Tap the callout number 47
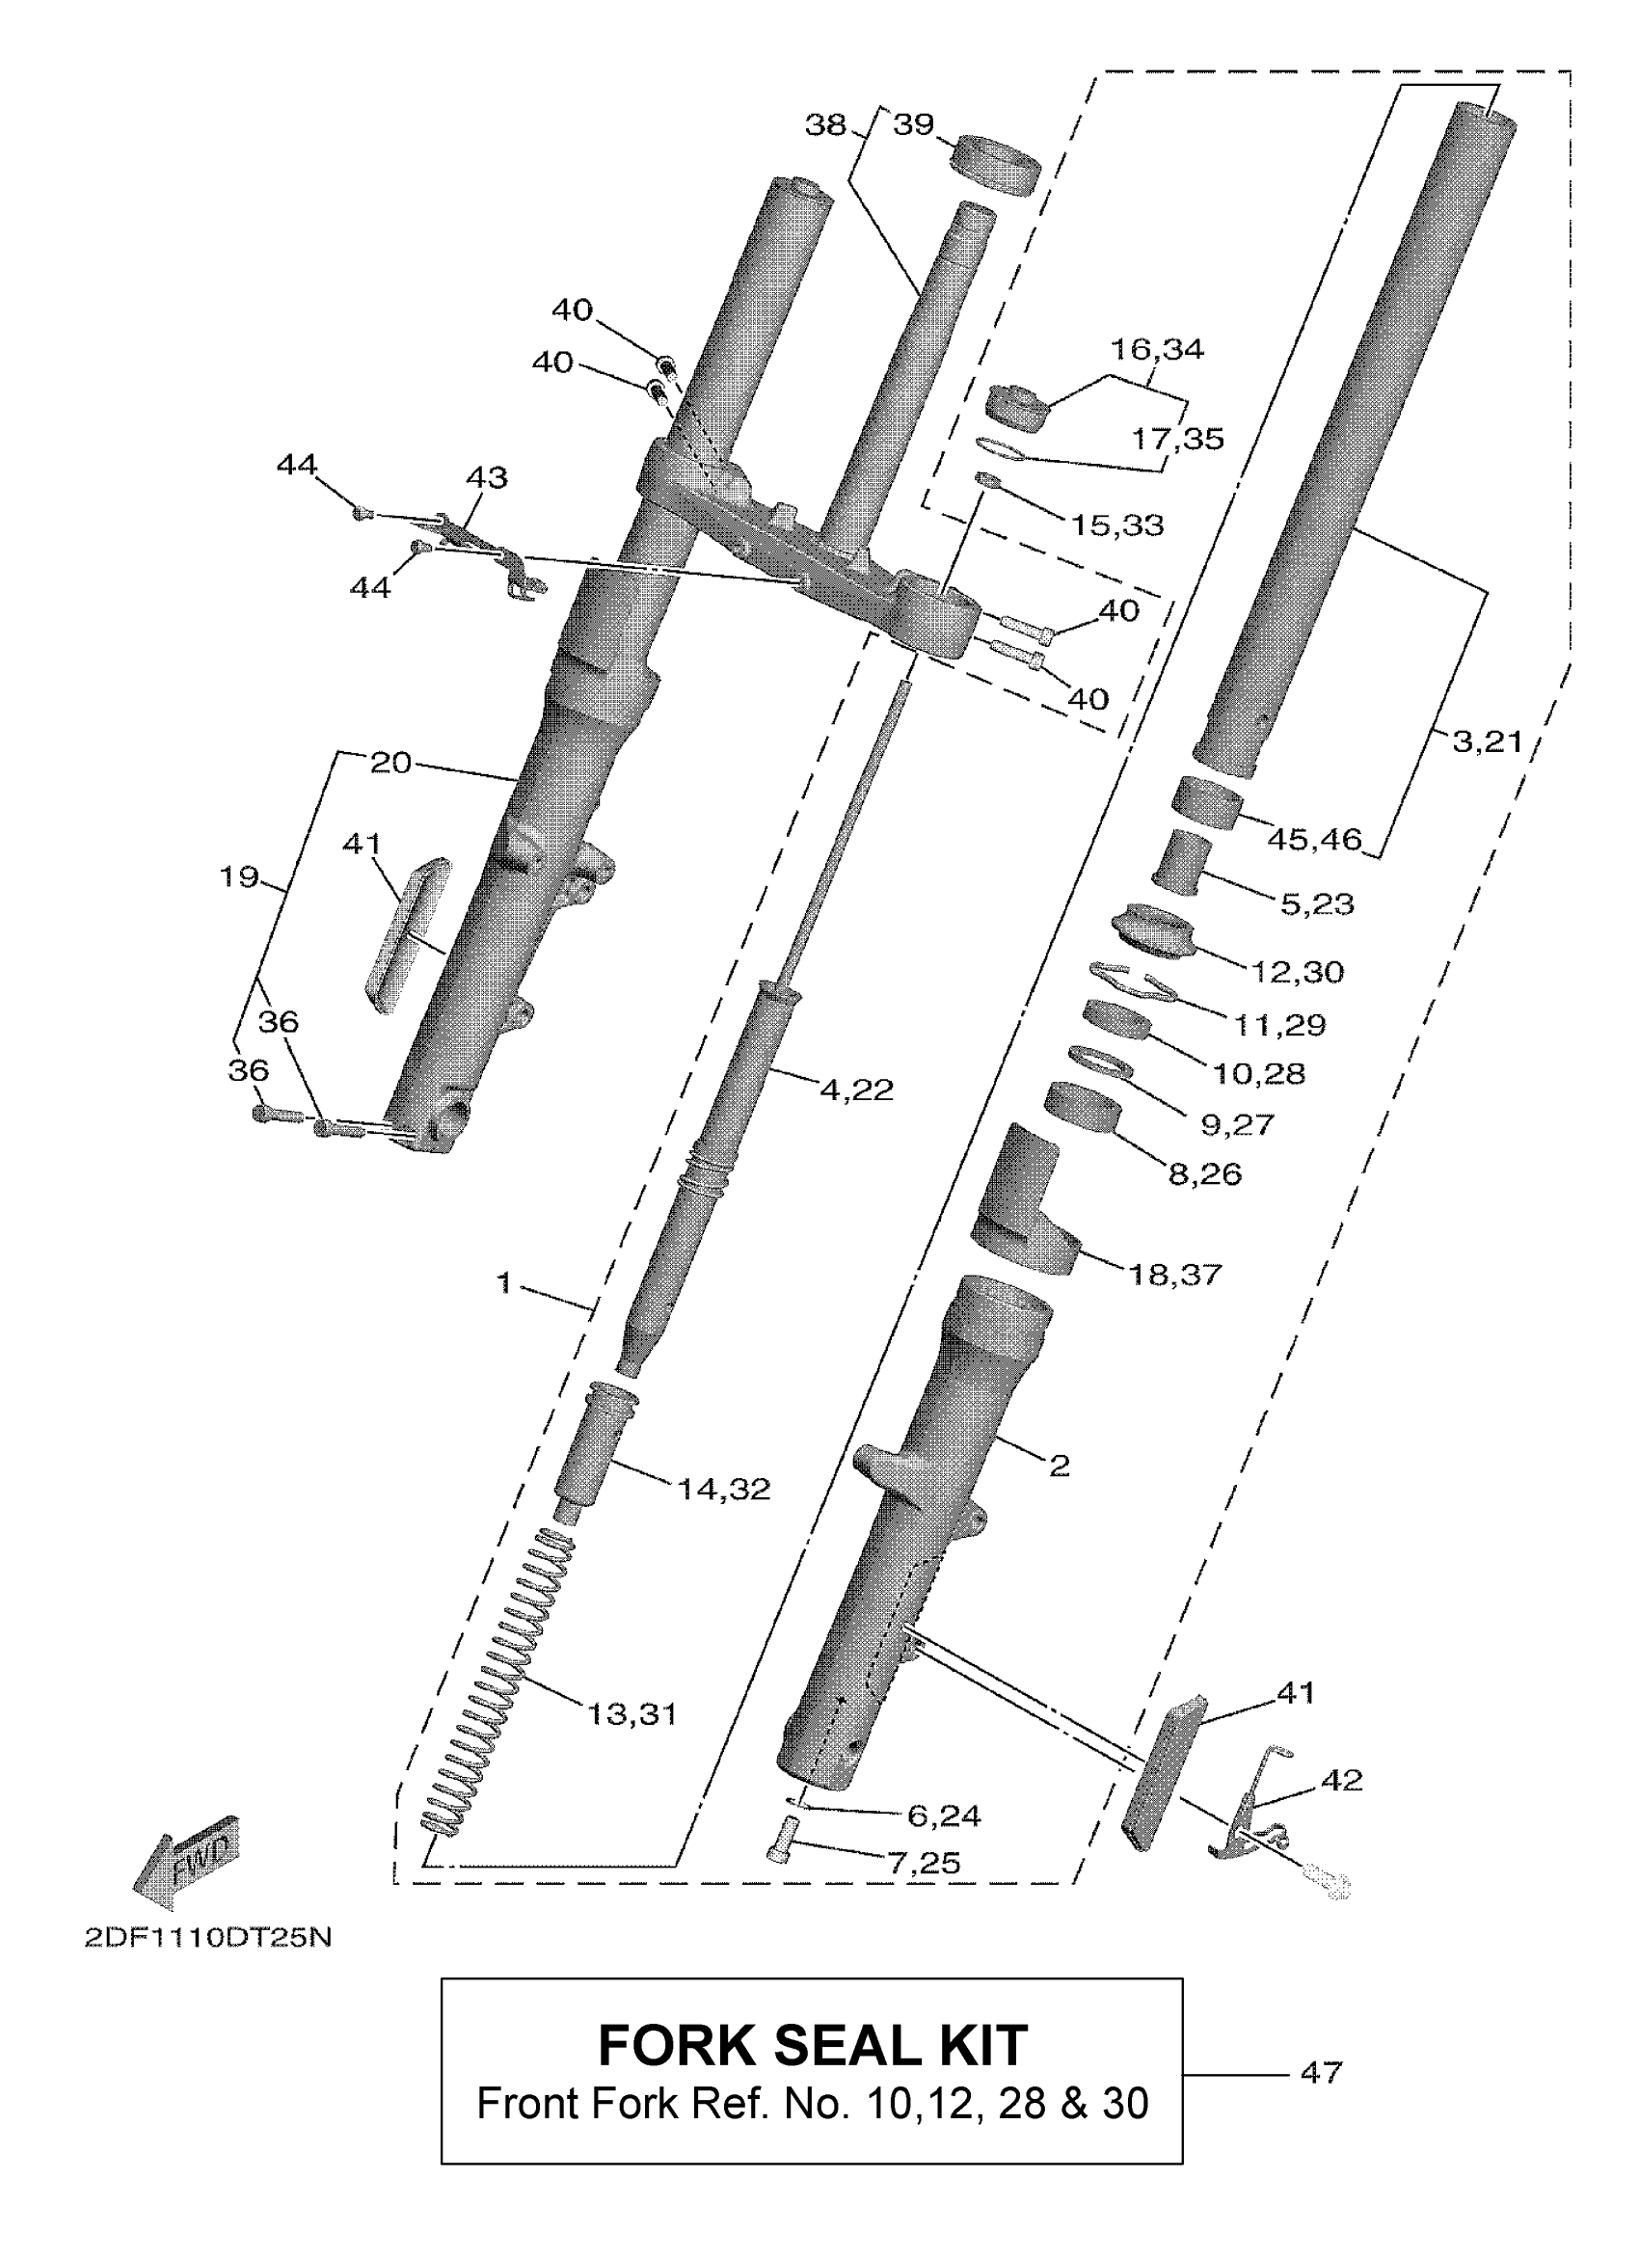(1321, 2072)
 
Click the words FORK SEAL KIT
(812, 2046)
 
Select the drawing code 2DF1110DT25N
(207, 1936)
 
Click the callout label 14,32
(723, 1489)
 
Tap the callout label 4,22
(856, 1090)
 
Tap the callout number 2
(1060, 1464)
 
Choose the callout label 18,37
(1174, 1274)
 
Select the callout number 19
(239, 876)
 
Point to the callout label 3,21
(1487, 741)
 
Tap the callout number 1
(504, 1282)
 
